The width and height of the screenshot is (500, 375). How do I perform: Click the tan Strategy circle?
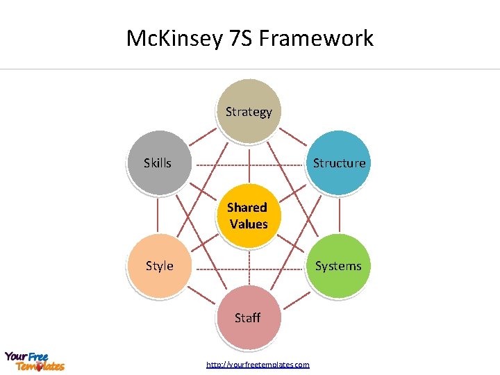tap(249, 112)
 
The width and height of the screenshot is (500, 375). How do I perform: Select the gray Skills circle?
tap(159, 163)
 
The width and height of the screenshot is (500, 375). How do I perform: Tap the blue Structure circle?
tap(339, 163)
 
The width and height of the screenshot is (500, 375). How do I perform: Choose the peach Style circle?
tap(160, 266)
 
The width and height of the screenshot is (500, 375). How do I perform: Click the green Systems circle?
tap(338, 266)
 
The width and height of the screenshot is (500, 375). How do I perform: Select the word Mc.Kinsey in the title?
tap(174, 38)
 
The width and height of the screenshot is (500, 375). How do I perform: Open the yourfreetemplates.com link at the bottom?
tap(258, 365)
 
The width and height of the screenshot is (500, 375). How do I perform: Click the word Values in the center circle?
tap(249, 224)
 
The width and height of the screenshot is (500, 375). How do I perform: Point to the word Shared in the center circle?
tap(247, 208)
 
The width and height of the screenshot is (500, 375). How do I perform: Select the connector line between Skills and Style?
tap(158, 215)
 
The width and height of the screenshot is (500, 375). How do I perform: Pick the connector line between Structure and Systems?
tap(340, 215)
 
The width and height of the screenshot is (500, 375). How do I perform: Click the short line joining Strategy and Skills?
tap(203, 137)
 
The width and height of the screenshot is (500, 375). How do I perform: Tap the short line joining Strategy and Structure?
tap(294, 137)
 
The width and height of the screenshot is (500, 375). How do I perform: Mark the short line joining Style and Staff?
tap(203, 292)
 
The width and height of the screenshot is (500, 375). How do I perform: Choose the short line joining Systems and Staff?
tap(294, 292)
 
